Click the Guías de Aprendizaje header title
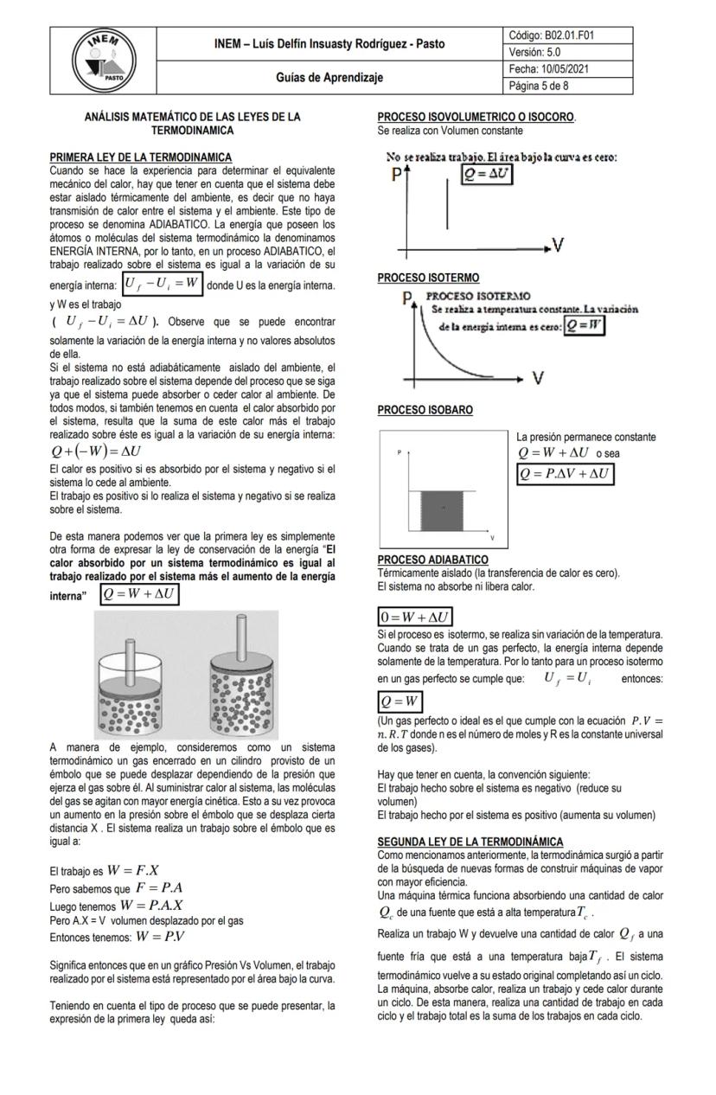pyautogui.click(x=329, y=77)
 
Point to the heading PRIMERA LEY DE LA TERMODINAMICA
pyautogui.click(x=140, y=157)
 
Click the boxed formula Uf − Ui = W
pyautogui.click(x=162, y=283)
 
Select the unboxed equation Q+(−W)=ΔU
pyautogui.click(x=96, y=451)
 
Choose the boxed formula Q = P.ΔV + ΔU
pyautogui.click(x=565, y=474)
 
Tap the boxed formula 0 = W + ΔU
pyautogui.click(x=416, y=618)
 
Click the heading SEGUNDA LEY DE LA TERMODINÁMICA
pyautogui.click(x=470, y=842)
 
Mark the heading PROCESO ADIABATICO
pyautogui.click(x=432, y=560)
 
